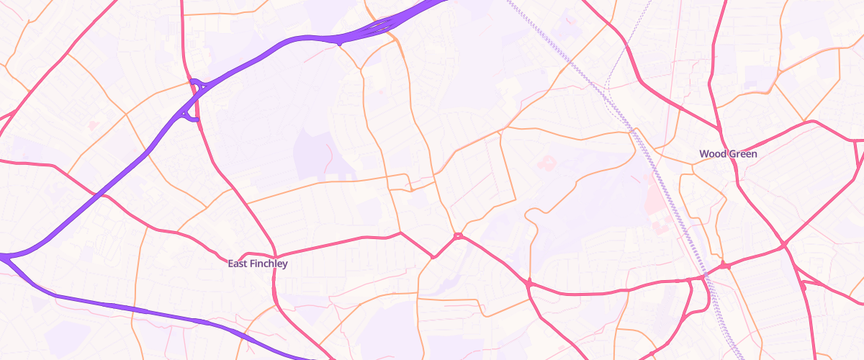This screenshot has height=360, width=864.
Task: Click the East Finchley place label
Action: coord(257,264)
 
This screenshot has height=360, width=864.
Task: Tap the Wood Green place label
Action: coord(728,154)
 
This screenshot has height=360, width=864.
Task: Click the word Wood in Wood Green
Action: coord(712,154)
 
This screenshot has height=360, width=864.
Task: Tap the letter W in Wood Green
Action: coord(703,154)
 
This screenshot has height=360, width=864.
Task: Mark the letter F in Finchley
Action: coord(250,264)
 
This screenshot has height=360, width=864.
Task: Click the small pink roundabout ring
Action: coord(458,235)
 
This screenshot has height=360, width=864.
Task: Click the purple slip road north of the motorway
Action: coord(196,83)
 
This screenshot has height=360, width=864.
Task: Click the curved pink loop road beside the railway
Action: coord(693,302)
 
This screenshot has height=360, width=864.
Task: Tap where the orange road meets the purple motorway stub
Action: coord(339,42)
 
